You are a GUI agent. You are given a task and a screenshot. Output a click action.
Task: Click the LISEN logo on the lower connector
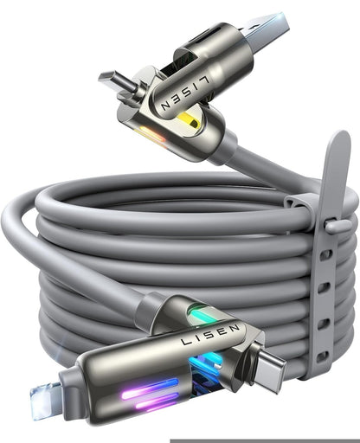coord(209,341)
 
